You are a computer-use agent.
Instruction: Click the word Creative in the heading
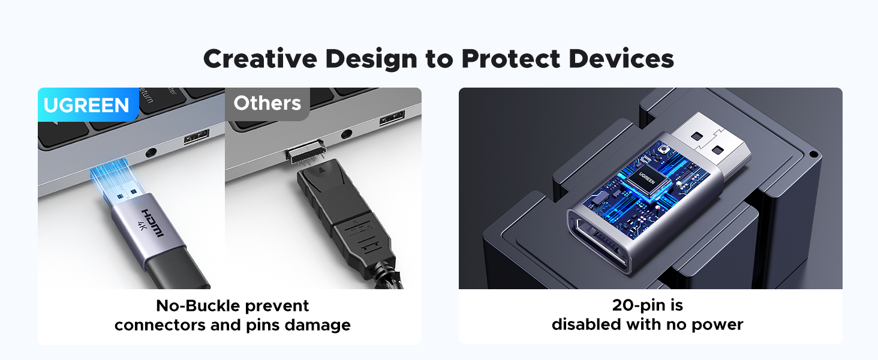pos(260,59)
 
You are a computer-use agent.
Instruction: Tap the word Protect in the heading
pos(511,59)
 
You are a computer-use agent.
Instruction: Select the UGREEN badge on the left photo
pos(88,105)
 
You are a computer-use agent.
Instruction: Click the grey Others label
pos(267,103)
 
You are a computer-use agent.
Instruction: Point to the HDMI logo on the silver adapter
pos(152,223)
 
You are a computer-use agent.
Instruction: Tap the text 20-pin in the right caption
pos(634,305)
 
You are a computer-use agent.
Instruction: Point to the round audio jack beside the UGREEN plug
pos(151,152)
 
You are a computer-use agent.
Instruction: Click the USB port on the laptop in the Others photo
pos(392,118)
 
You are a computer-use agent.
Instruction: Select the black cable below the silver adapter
pos(176,271)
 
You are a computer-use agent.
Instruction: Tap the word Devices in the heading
pos(621,59)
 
